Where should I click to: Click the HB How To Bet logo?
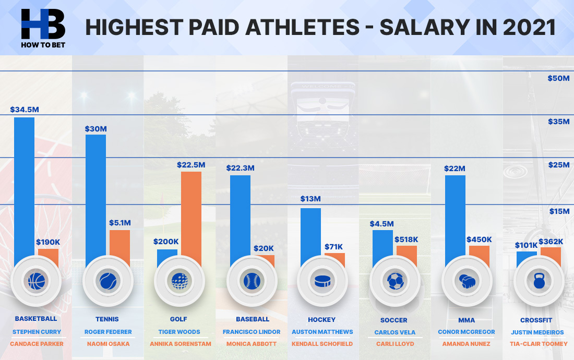43,27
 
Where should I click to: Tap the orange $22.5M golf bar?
191,214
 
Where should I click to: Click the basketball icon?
36,281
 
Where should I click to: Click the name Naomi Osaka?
107,344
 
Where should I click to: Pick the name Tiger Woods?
179,332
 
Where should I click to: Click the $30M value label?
96,129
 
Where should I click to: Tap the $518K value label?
407,239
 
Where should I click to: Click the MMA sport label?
467,319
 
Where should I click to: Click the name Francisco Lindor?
251,332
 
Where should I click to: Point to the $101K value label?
527,245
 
